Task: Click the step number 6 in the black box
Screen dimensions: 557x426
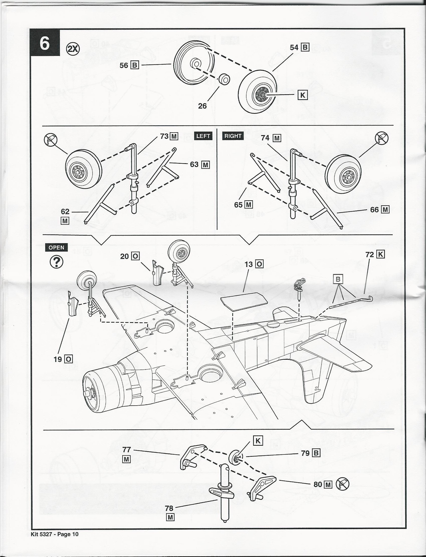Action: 45,43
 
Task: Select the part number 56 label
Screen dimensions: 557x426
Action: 124,65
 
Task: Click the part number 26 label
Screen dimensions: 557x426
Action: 202,106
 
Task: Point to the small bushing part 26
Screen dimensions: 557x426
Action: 225,79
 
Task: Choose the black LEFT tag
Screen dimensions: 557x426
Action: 203,136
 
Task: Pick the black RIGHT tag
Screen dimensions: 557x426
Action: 233,136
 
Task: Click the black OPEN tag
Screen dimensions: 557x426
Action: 56,248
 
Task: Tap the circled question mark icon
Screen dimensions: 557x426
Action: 56,262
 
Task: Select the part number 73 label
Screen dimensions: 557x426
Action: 165,136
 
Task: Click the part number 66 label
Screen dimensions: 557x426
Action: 374,210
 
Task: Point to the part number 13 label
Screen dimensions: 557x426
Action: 249,264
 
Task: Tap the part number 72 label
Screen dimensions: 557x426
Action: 370,254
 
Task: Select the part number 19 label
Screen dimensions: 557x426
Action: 58,359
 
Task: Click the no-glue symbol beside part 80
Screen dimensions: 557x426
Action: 343,484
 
